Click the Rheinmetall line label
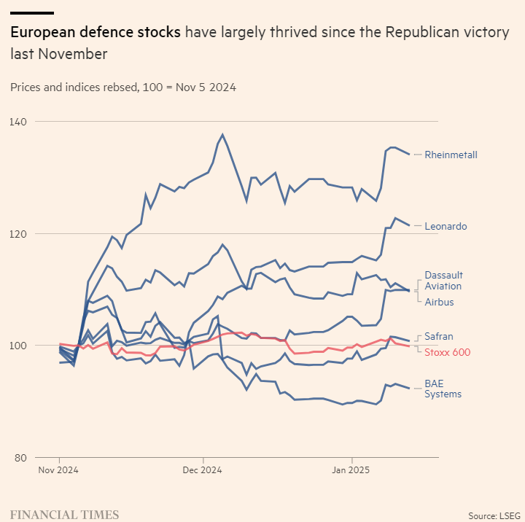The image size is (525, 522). click(451, 155)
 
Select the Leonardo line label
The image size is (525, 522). click(446, 227)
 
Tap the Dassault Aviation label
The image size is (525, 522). click(443, 281)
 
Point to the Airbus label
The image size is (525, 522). click(439, 302)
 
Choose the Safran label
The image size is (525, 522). click(439, 337)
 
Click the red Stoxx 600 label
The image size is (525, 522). click(447, 353)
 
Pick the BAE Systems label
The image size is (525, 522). click(443, 389)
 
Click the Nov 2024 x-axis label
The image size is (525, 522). click(58, 470)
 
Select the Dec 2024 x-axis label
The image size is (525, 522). click(202, 470)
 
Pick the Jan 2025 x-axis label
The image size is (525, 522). click(352, 470)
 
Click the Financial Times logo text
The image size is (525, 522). click(64, 515)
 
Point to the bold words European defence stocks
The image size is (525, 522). click(95, 33)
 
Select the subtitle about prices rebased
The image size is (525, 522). click(122, 87)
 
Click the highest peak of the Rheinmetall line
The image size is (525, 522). click(222, 135)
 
